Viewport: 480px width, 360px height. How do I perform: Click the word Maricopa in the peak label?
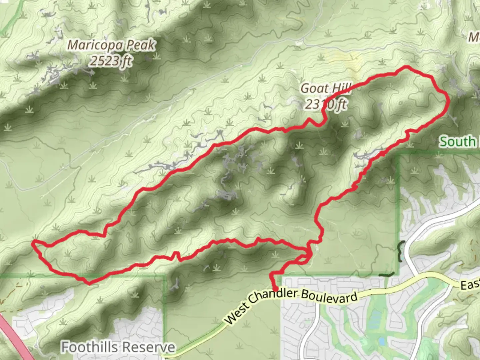[x=94, y=45]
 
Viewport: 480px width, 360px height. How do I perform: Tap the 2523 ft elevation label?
[x=111, y=61]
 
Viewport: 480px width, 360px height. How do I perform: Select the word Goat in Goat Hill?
[x=313, y=89]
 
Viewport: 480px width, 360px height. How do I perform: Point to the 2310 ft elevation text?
[x=326, y=104]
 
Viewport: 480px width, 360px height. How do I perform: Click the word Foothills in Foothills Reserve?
[x=89, y=347]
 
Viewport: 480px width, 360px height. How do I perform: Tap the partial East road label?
[x=470, y=285]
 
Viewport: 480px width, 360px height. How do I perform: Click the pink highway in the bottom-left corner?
[x=13, y=337]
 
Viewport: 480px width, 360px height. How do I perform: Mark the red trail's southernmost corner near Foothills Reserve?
[x=89, y=283]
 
